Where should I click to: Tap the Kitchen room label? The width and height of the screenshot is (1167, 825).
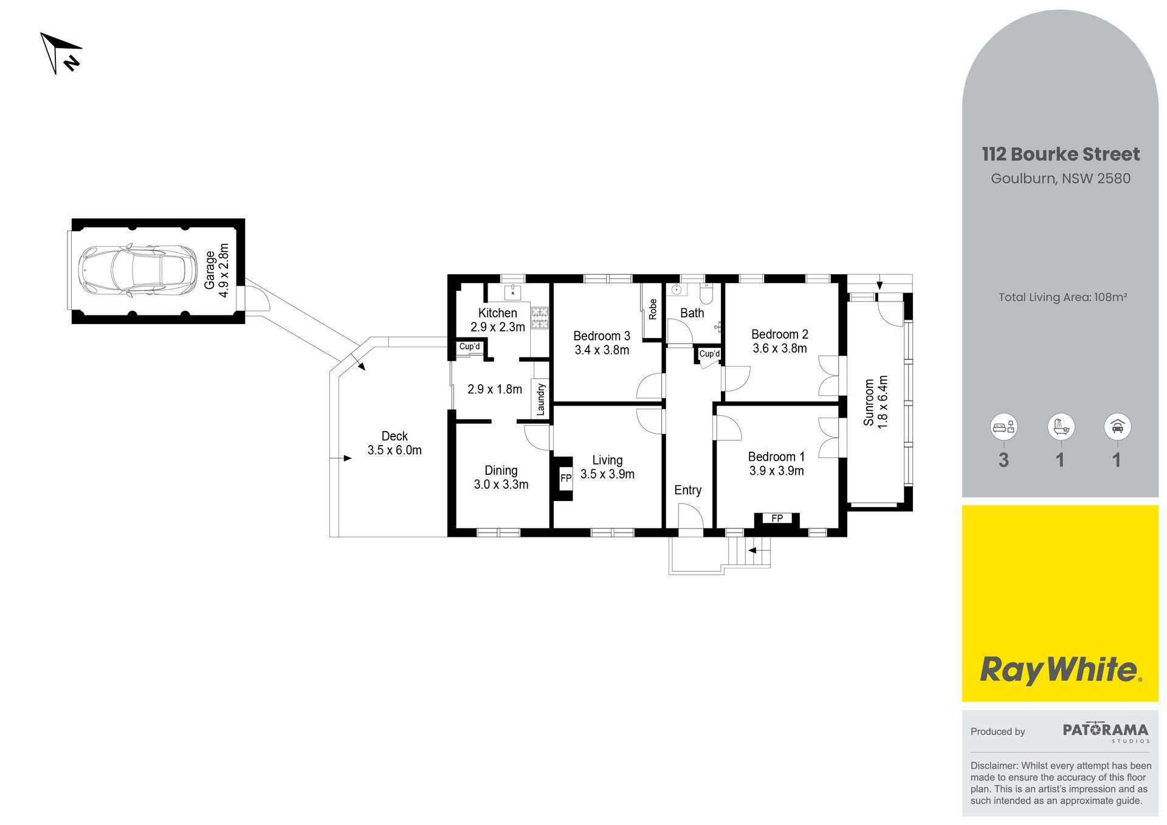[x=497, y=313]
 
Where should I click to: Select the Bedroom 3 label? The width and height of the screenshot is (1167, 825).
[x=602, y=336]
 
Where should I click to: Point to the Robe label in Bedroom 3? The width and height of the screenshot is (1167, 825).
[x=653, y=309]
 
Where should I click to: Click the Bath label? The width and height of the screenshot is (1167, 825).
[x=692, y=313]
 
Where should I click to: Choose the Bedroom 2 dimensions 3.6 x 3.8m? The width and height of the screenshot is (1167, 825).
[x=780, y=348]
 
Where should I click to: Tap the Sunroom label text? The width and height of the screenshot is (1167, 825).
[x=869, y=402]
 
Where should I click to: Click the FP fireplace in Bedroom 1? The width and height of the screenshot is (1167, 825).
[x=777, y=519]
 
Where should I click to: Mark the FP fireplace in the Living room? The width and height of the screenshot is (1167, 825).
[x=565, y=478]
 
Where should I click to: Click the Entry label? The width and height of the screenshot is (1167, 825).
[x=687, y=490]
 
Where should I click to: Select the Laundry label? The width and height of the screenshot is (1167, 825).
[x=540, y=399]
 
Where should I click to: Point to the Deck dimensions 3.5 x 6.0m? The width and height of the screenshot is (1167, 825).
[x=394, y=450]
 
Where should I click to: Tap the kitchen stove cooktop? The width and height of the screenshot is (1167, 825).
[x=540, y=318]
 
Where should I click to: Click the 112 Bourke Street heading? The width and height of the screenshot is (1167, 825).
[x=1061, y=154]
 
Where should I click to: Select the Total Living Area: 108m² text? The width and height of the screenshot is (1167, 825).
[x=1062, y=297]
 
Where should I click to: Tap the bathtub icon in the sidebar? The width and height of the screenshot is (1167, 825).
[x=1061, y=427]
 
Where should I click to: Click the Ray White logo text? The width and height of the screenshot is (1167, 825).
[x=1061, y=670]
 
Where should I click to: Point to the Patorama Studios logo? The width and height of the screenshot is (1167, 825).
[x=1106, y=732]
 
